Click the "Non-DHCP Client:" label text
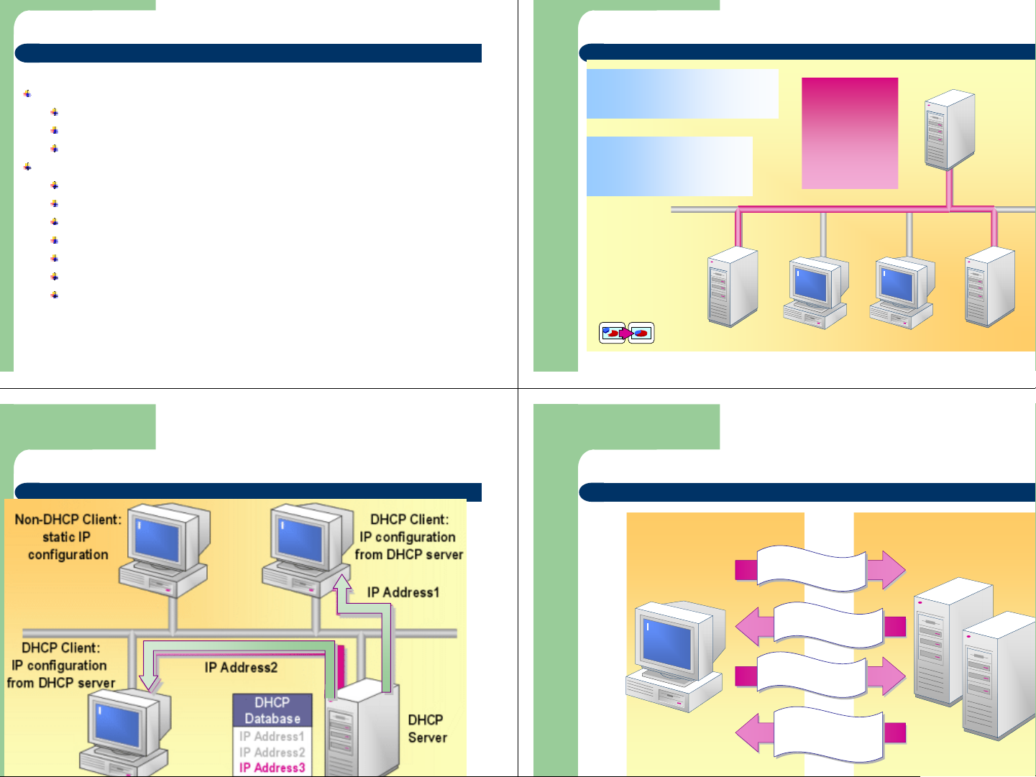click(68, 520)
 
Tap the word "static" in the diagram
click(58, 537)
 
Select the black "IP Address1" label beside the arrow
click(403, 592)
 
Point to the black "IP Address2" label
click(241, 668)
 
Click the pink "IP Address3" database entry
click(272, 768)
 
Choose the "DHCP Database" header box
click(272, 710)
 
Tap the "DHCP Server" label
click(427, 728)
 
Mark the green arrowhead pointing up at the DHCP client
click(342, 581)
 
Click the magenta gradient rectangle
click(850, 133)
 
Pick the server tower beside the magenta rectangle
click(949, 129)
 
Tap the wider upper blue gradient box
click(682, 93)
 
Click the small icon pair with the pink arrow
click(626, 333)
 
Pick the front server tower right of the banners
click(998, 676)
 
